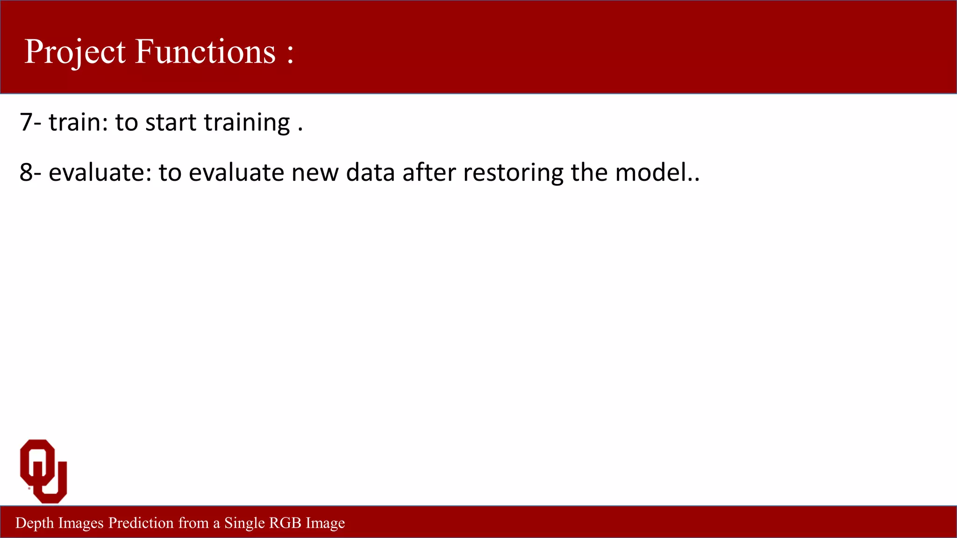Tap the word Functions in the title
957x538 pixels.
tap(206, 51)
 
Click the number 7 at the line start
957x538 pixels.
tap(26, 122)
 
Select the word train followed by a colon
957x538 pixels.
tap(78, 122)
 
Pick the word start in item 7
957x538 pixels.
tap(171, 122)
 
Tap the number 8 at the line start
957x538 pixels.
tap(26, 172)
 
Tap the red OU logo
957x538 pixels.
tap(43, 471)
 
